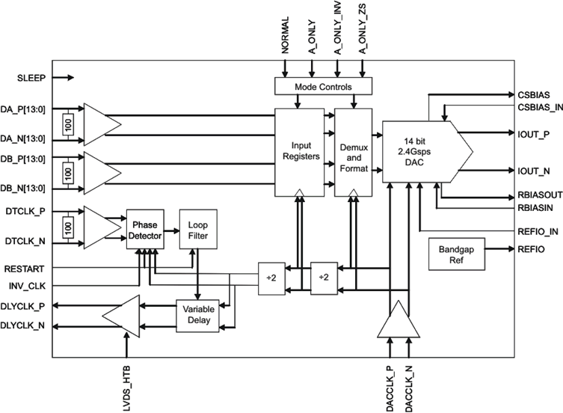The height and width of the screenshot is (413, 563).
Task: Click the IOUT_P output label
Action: [x=533, y=135]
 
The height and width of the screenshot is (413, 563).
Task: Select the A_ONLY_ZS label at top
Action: [x=363, y=33]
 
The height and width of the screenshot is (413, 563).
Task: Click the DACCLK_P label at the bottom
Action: [x=390, y=387]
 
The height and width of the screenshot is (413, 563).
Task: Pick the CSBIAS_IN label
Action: [x=538, y=107]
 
